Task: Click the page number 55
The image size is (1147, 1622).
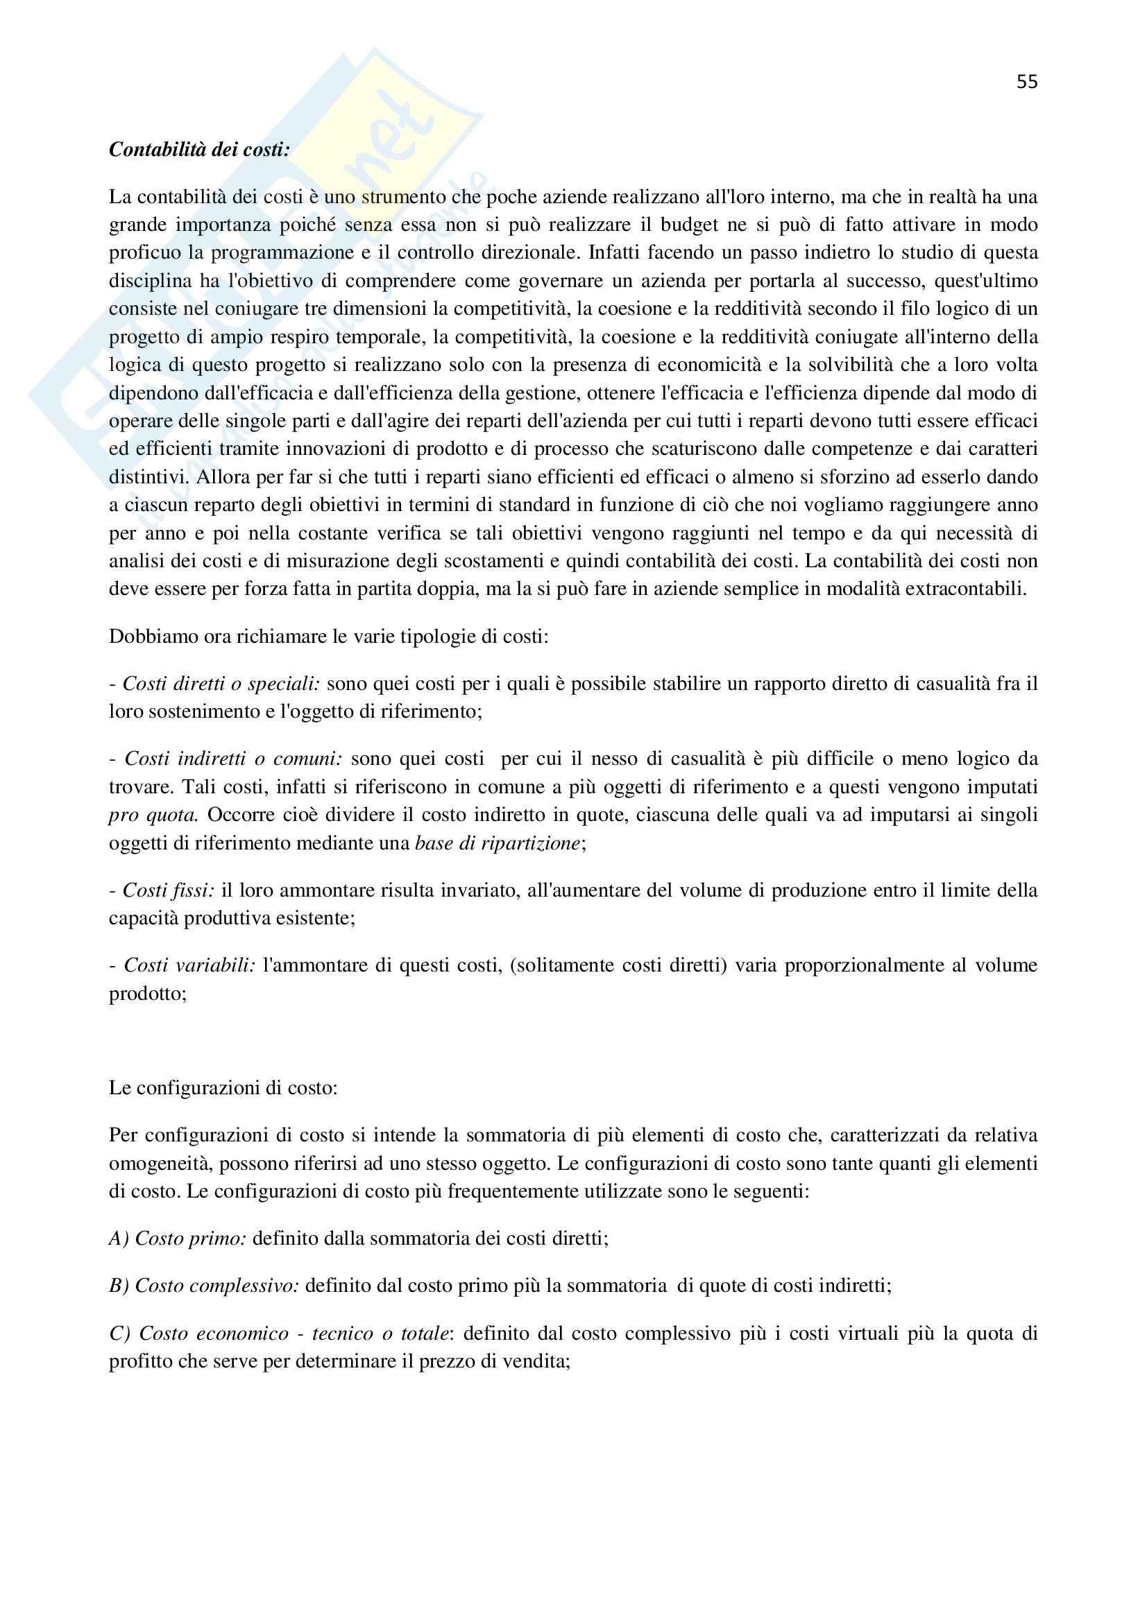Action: coord(1027,82)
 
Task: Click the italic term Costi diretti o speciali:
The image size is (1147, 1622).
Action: coord(223,684)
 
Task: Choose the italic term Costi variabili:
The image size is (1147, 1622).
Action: coord(189,965)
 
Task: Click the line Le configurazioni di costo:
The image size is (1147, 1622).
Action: coord(223,1088)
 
